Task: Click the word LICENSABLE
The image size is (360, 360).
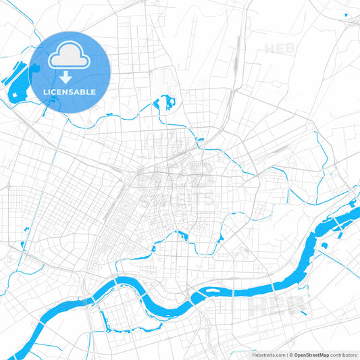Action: [x=70, y=91]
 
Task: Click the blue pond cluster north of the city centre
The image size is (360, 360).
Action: [x=166, y=103]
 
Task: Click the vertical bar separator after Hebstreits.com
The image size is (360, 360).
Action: [x=288, y=354]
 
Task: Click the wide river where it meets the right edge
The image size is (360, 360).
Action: [x=355, y=203]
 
